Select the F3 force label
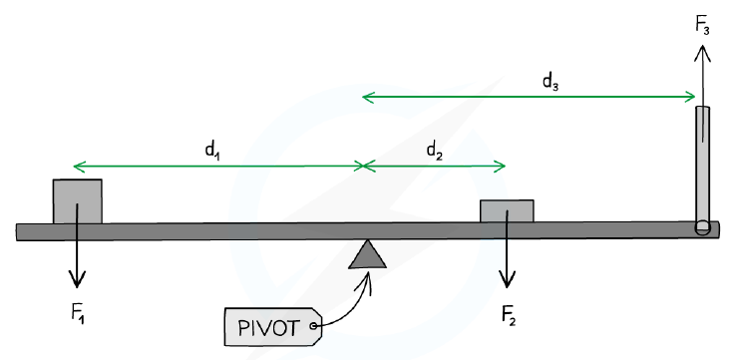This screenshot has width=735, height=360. point(702,26)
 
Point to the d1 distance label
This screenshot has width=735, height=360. point(212,151)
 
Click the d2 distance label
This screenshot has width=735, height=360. point(434,151)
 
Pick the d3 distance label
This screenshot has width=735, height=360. point(551,82)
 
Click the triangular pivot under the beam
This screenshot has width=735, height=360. point(367,254)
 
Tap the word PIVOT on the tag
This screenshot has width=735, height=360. point(268,328)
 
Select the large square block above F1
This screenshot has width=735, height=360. point(78,201)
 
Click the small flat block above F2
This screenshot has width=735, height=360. point(507,211)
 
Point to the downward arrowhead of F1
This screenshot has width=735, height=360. point(77,279)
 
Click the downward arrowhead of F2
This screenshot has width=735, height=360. point(507,280)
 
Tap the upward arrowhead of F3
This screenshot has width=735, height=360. point(702,53)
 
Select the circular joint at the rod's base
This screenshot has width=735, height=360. point(702,227)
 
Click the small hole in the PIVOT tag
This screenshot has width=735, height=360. point(313,324)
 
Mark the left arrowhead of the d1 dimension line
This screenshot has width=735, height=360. point(79,166)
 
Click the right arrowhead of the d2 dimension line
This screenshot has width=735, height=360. point(501,166)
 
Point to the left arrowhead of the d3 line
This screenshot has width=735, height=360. point(367,98)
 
